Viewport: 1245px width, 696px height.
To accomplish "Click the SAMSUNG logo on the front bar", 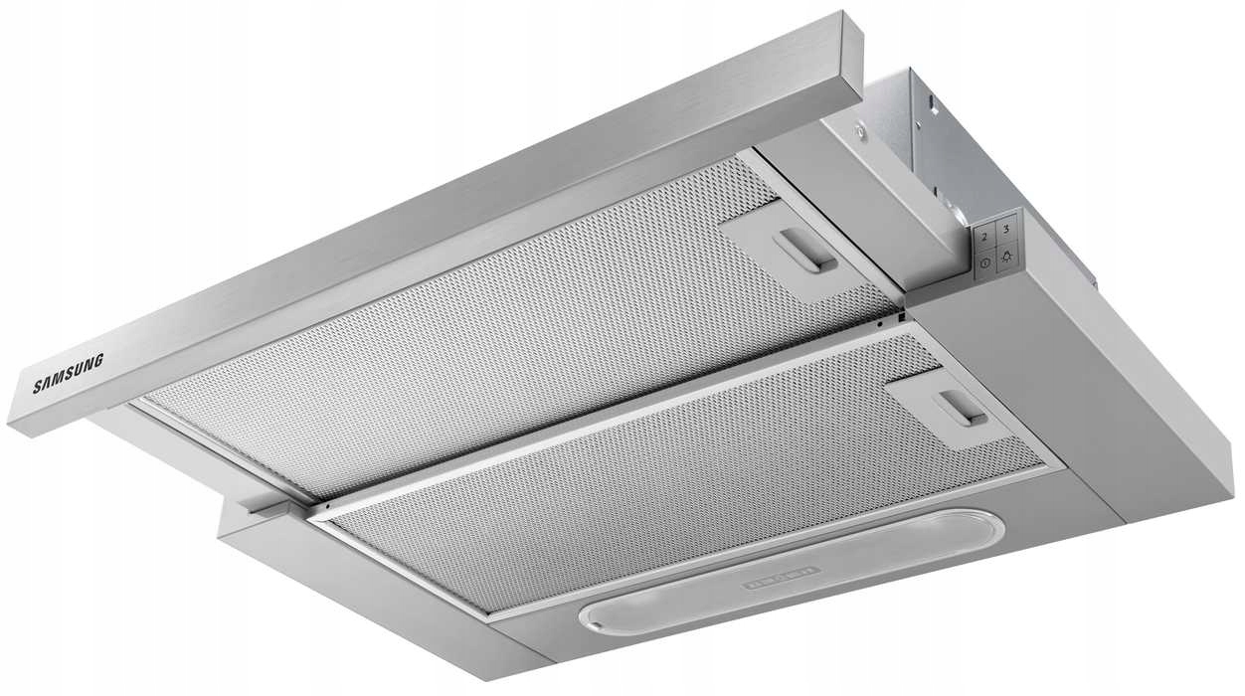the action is pos(68,373).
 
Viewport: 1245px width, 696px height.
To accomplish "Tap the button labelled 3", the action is pos(1005,230).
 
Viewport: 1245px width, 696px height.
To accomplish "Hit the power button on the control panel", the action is pos(984,262).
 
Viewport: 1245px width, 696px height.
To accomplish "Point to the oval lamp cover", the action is pos(791,572).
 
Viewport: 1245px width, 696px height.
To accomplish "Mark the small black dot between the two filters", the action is pos(879,323).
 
